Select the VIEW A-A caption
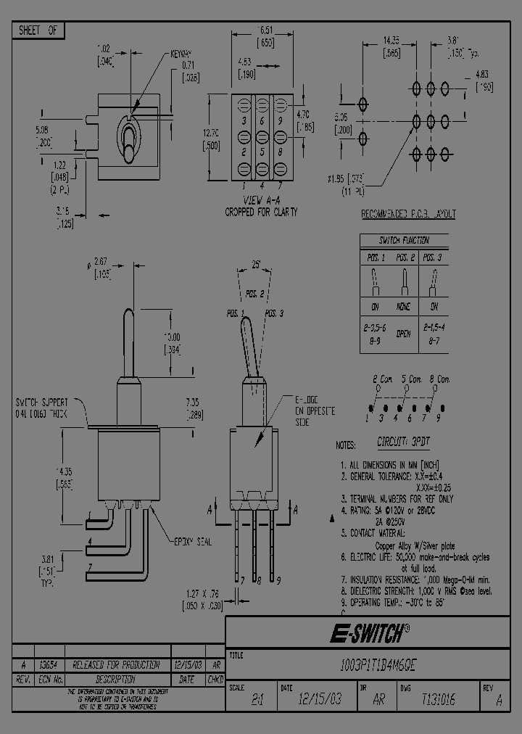pos(261,204)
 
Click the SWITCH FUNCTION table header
pos(404,240)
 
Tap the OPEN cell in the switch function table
pos(403,334)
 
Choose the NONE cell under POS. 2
pos(403,307)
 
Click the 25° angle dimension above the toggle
pos(256,267)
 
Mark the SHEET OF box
pos(38,30)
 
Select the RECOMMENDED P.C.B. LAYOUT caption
pos(408,215)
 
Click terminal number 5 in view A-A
pos(260,153)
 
